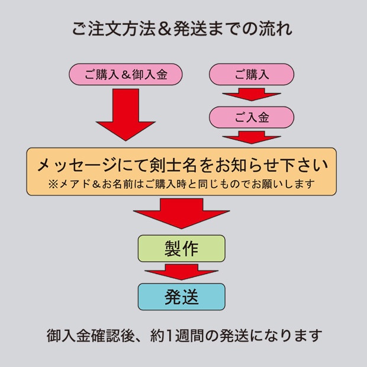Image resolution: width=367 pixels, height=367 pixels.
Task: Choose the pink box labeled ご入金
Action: [x=252, y=117]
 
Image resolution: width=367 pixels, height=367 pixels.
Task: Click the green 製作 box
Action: [x=182, y=249]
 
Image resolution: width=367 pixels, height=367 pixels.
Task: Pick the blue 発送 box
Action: [x=182, y=297]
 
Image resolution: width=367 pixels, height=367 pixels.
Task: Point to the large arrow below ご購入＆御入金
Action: [x=125, y=112]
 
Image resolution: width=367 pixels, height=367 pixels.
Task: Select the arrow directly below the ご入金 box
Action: [x=252, y=137]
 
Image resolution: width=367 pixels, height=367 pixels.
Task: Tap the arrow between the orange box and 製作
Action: [x=182, y=212]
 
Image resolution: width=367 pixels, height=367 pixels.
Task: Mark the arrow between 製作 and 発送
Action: [x=182, y=272]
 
